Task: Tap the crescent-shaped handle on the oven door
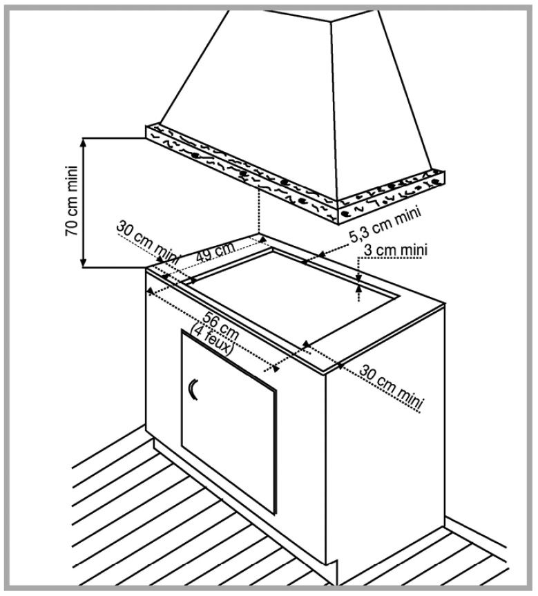click(x=193, y=391)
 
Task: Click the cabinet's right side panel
click(x=387, y=442)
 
